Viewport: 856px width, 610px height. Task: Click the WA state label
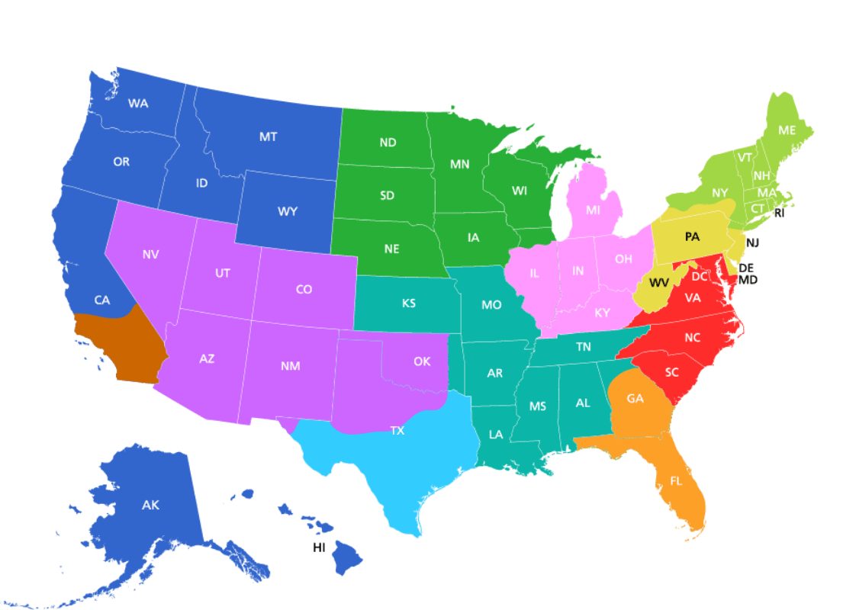tap(138, 104)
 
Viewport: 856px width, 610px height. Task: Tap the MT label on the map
tap(268, 137)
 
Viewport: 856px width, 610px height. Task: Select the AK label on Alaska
tap(150, 505)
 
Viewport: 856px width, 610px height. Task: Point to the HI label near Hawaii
tap(319, 547)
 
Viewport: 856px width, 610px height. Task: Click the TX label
tap(397, 431)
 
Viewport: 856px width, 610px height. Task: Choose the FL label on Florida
tap(676, 481)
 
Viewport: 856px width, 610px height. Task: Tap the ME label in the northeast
tap(787, 130)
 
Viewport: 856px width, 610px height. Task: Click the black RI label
tap(779, 213)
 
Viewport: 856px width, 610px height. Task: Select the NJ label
tap(752, 242)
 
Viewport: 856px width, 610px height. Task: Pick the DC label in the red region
tap(699, 277)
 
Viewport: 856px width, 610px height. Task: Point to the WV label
tap(659, 283)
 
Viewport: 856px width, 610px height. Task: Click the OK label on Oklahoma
tap(422, 361)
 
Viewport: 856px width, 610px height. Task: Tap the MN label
tap(459, 165)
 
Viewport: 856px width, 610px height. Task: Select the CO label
tap(304, 290)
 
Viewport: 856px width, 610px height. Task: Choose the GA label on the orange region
tap(635, 399)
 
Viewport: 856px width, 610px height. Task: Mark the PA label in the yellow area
tap(692, 237)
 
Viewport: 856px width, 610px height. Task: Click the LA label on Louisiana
tap(496, 435)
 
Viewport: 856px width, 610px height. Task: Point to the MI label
tap(593, 210)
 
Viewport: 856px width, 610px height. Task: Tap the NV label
tap(150, 255)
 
